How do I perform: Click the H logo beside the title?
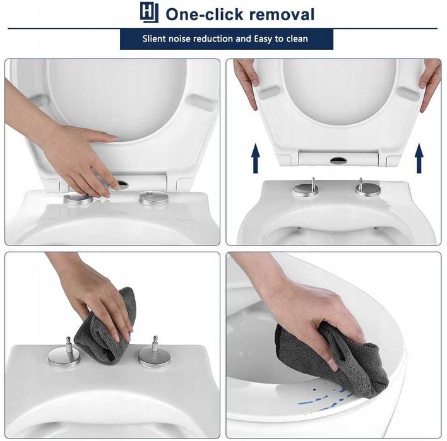[x=149, y=12]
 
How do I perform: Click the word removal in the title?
[x=282, y=15]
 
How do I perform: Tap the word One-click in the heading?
[x=204, y=15]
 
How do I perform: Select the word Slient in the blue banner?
[x=153, y=38]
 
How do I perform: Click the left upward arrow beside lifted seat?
[x=256, y=158]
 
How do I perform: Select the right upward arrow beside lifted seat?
[x=419, y=158]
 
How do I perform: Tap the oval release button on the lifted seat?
[x=338, y=160]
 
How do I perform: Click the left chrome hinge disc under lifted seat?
[x=306, y=189]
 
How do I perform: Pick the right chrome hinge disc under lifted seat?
[x=367, y=190]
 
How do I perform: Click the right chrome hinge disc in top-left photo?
[x=153, y=198]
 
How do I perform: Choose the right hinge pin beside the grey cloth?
[x=155, y=344]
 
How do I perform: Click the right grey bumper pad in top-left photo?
[x=201, y=103]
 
